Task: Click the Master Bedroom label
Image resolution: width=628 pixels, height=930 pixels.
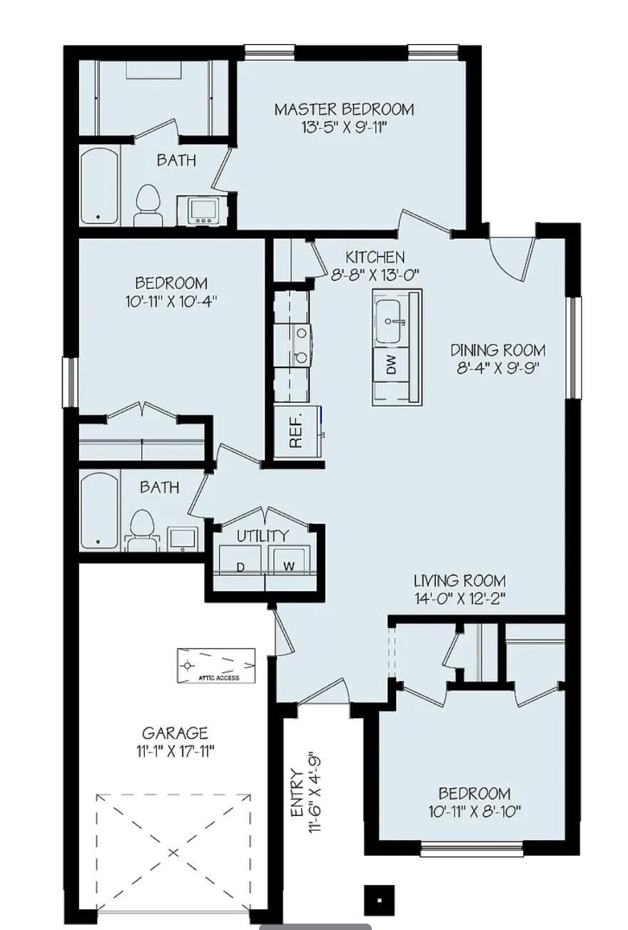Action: point(344,109)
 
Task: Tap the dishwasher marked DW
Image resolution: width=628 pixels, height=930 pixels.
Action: point(390,365)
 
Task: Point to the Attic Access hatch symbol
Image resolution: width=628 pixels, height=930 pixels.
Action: point(216,665)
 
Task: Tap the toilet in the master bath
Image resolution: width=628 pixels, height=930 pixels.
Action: point(148,204)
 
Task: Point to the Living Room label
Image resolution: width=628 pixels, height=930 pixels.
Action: point(460,581)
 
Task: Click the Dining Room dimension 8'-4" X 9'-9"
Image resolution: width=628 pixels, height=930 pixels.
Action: point(497,368)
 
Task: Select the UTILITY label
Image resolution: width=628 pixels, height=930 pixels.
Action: point(263,536)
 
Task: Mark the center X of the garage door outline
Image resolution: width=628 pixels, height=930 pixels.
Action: point(173,852)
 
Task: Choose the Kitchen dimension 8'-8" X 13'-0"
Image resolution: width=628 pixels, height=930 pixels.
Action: point(375,274)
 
